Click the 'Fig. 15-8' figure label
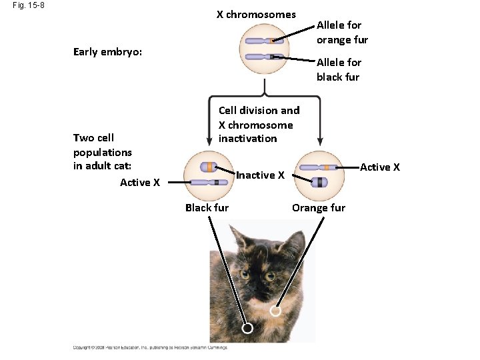27,7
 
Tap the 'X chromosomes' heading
256,15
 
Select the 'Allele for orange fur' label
342,32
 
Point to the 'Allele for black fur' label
339,69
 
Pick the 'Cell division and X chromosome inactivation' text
259,124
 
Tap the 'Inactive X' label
261,175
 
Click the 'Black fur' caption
207,207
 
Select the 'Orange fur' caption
319,207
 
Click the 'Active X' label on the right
380,167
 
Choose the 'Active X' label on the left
140,182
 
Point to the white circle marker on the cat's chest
275,311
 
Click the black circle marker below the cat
247,329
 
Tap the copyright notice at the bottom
150,347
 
